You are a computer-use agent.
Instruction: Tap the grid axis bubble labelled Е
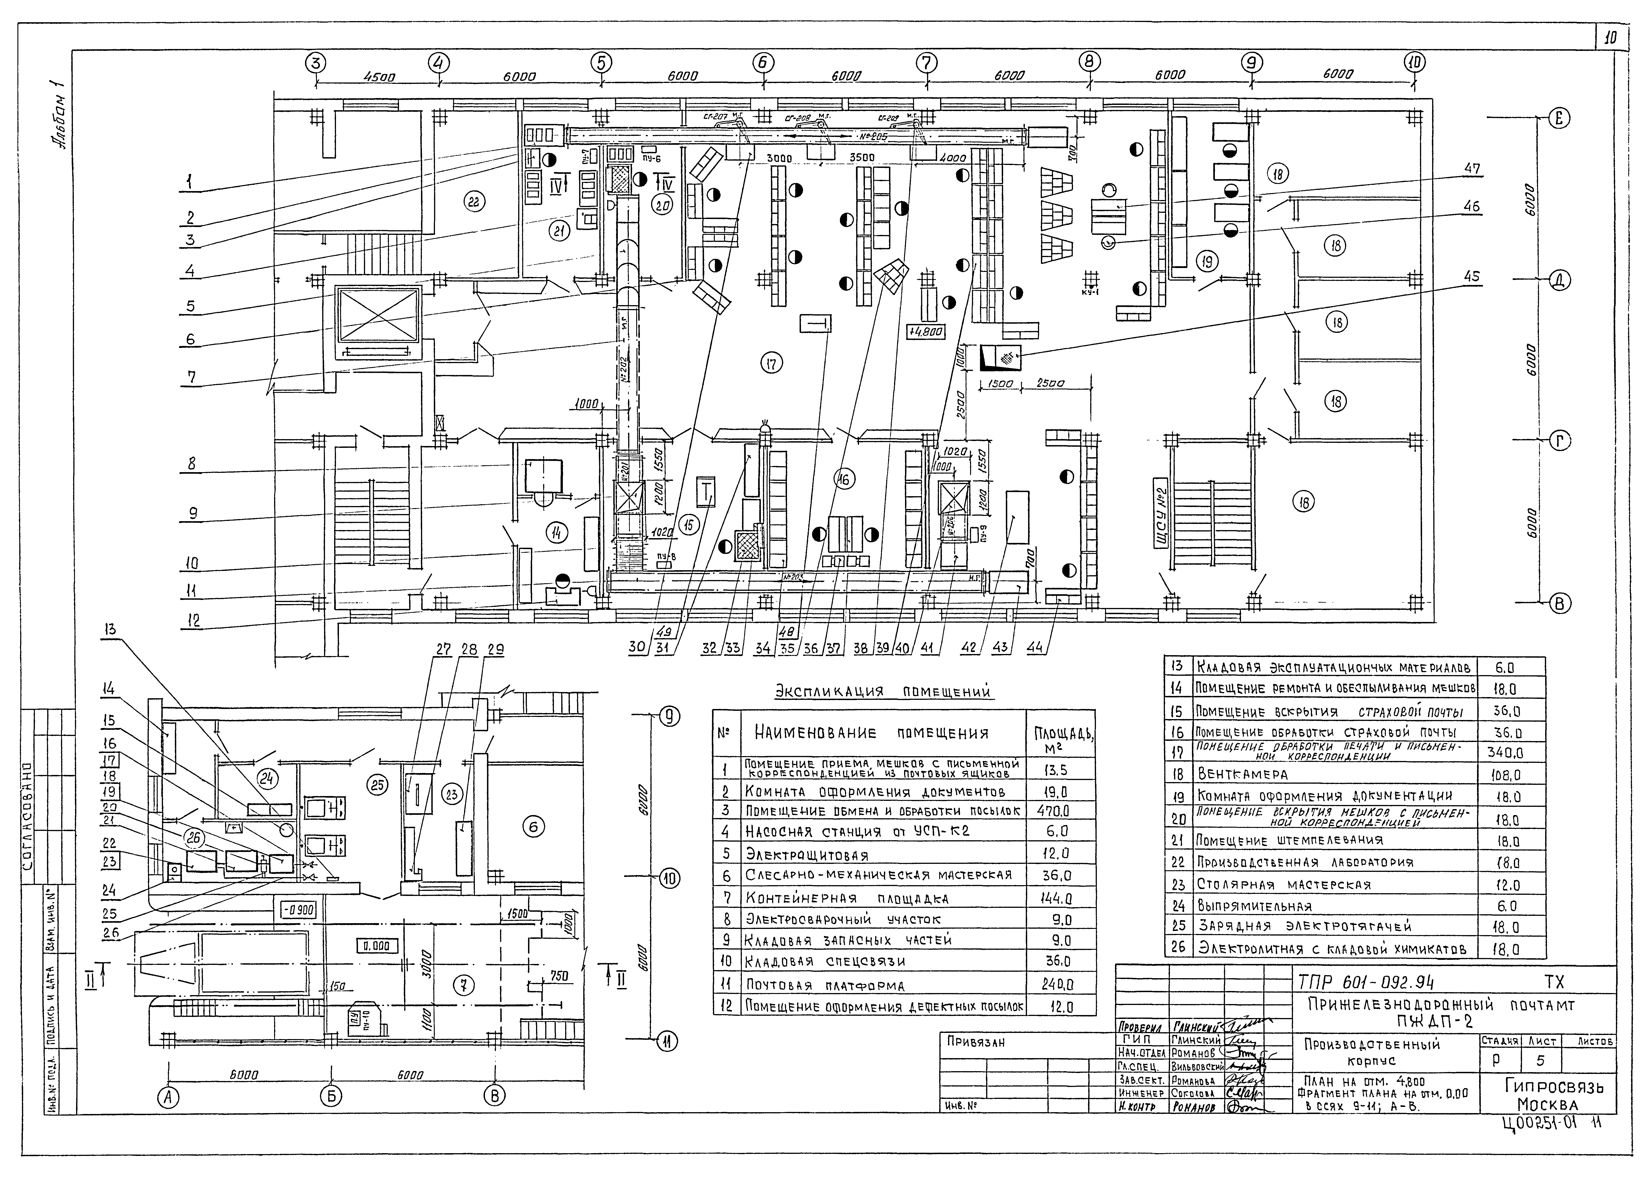1555,120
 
